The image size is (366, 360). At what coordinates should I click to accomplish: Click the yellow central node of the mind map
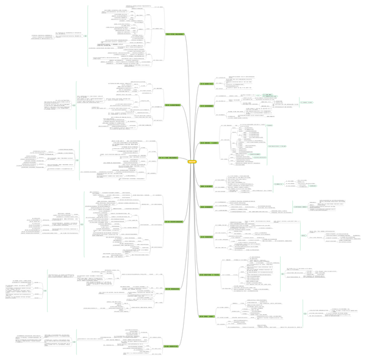click(192, 161)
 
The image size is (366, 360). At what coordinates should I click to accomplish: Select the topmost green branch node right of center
click(206, 83)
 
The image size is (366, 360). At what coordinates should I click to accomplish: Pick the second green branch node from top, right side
click(206, 106)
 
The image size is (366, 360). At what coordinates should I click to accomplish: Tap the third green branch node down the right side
click(209, 142)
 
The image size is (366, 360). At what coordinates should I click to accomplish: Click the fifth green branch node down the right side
click(206, 206)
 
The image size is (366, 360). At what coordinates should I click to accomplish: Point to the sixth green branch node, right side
click(206, 236)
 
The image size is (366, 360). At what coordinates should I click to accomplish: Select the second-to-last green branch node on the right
click(209, 275)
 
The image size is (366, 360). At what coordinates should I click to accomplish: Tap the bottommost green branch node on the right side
click(206, 315)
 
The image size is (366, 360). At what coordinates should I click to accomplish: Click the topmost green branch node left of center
click(175, 34)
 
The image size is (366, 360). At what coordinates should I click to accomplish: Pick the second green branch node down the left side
click(172, 105)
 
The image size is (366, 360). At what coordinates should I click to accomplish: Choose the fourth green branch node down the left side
click(173, 221)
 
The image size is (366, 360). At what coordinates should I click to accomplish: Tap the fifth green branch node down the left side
click(172, 288)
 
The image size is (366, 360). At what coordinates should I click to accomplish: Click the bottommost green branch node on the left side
click(171, 346)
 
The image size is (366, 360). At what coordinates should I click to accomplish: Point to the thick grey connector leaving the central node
click(182, 159)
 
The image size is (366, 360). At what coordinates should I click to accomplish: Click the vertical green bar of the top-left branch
click(88, 35)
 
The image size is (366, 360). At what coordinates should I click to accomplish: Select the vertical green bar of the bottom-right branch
click(303, 314)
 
